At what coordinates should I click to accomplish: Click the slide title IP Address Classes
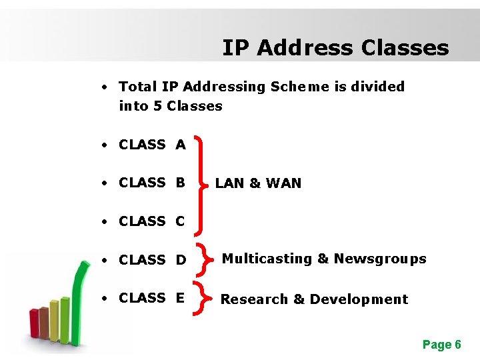335,48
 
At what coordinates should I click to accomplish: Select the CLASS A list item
152,145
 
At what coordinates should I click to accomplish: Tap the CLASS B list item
152,183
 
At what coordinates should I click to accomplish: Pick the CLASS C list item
152,221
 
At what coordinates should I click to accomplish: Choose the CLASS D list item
152,259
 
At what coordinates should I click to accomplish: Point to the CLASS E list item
152,298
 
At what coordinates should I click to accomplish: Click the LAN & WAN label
258,183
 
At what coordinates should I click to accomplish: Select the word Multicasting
267,259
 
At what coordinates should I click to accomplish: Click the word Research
253,299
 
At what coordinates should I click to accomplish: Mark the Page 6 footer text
441,345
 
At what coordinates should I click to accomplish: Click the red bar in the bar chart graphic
34,323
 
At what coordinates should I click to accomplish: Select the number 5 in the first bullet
157,106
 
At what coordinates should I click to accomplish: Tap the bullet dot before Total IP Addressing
105,87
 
